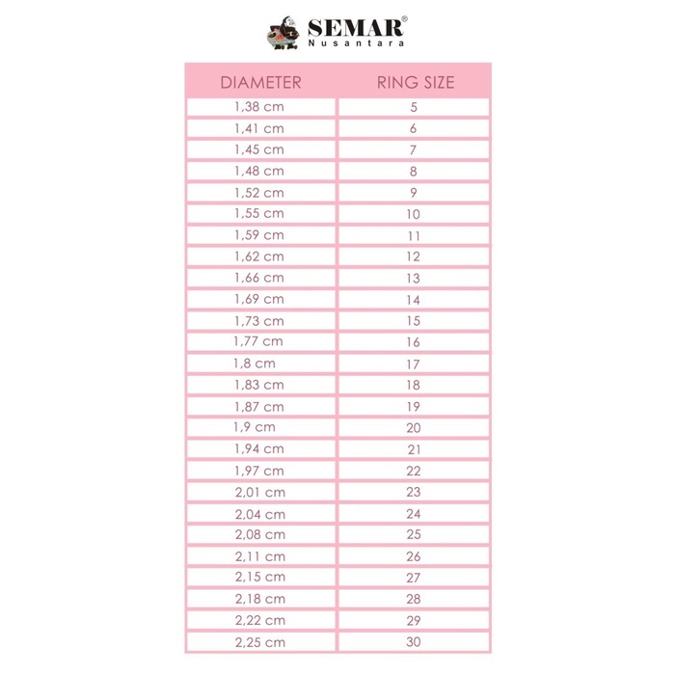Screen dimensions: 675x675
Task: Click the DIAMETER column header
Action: click(260, 82)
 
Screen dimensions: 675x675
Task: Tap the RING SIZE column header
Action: click(414, 82)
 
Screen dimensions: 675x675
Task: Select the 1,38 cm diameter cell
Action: click(260, 107)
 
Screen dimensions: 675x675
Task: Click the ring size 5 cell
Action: click(414, 107)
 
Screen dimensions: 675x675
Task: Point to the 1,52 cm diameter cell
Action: click(260, 193)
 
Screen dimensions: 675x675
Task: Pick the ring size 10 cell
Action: click(414, 214)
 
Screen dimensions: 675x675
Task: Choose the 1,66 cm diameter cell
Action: click(260, 278)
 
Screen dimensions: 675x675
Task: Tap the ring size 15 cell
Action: click(414, 321)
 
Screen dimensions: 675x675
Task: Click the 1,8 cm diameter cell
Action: click(260, 364)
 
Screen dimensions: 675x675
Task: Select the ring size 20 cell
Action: click(414, 427)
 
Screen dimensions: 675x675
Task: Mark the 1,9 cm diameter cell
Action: click(260, 427)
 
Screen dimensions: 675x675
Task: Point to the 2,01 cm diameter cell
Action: click(260, 492)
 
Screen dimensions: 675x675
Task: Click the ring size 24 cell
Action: click(414, 513)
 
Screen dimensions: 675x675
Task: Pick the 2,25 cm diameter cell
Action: click(260, 641)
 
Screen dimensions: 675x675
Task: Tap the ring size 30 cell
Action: click(414, 641)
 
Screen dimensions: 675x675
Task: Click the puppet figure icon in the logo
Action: click(284, 35)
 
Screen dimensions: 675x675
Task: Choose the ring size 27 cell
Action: click(414, 577)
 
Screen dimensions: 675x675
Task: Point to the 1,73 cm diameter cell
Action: click(260, 321)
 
